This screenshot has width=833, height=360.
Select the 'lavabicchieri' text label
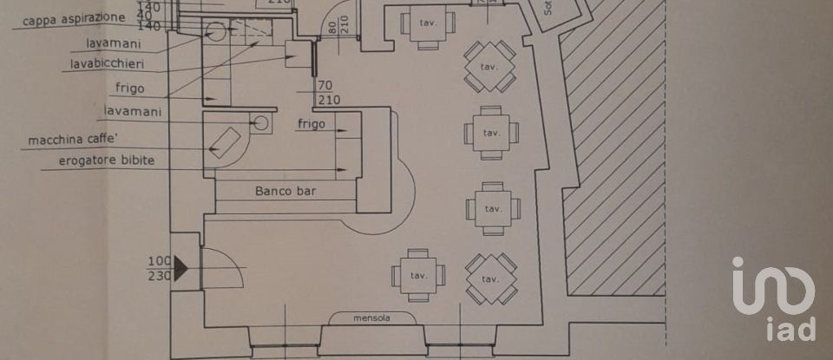click(x=107, y=63)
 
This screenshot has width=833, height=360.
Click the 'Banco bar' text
click(x=285, y=191)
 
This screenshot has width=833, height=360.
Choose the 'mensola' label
click(x=371, y=318)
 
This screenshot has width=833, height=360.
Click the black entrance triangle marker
click(x=181, y=268)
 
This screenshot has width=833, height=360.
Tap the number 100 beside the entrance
click(x=160, y=261)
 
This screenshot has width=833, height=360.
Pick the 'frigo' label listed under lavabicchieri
click(x=128, y=88)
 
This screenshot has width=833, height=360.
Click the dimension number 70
click(x=326, y=86)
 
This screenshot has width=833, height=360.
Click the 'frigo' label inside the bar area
click(x=311, y=124)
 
